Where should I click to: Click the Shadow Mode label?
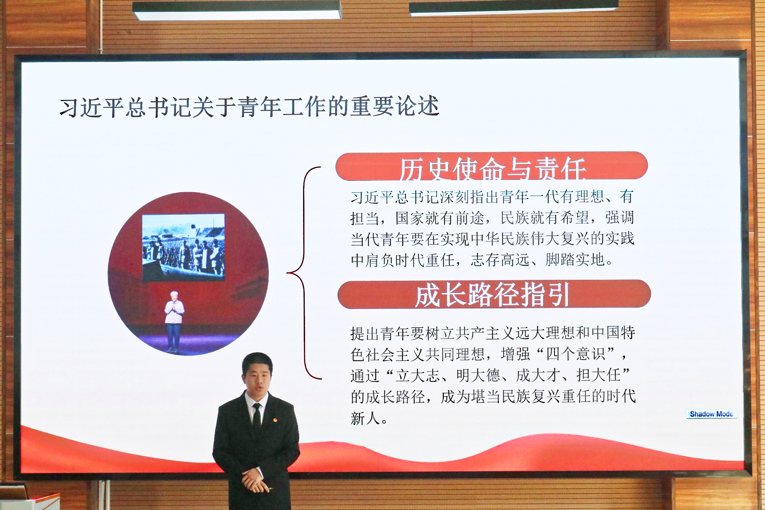coord(711,414)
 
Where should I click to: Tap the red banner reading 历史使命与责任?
coord(492,166)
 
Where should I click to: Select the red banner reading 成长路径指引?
coord(494,294)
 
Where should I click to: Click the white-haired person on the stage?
coord(174,320)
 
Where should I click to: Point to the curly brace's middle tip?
coord(288,273)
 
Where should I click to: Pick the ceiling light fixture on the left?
coord(237,10)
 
